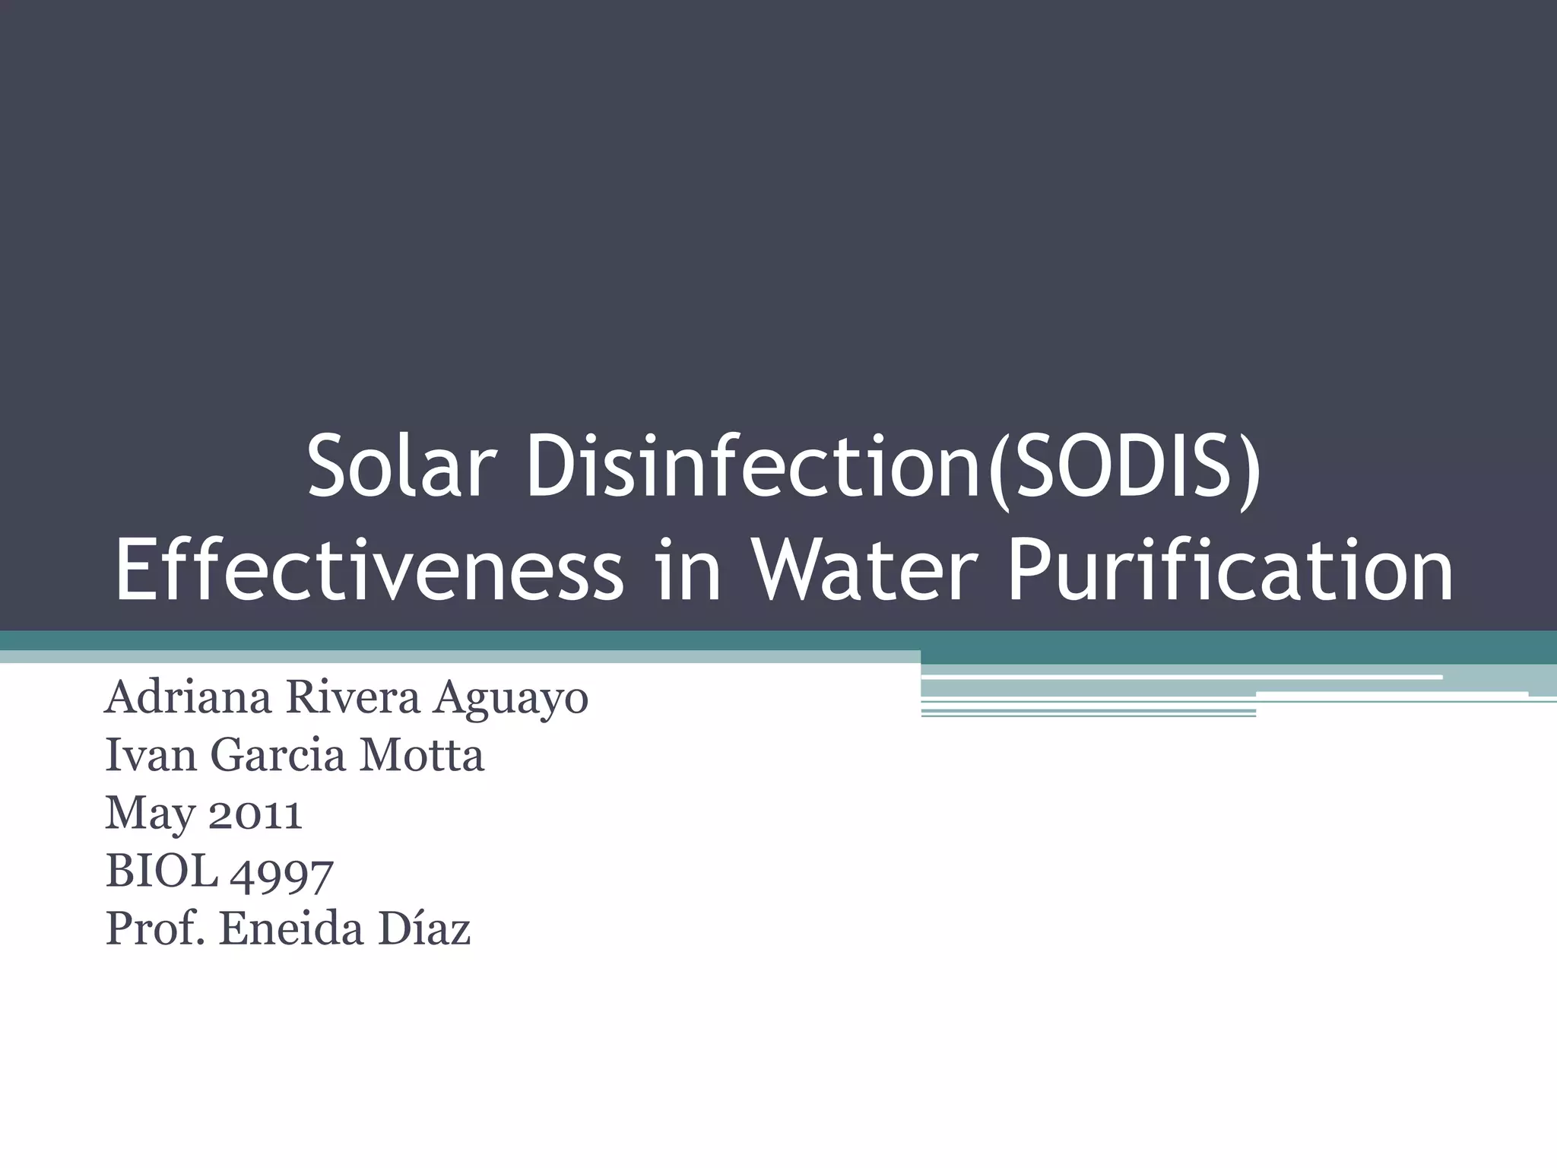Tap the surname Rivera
tap(352, 698)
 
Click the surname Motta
tap(421, 756)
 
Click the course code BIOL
tap(162, 871)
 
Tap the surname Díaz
tap(423, 929)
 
